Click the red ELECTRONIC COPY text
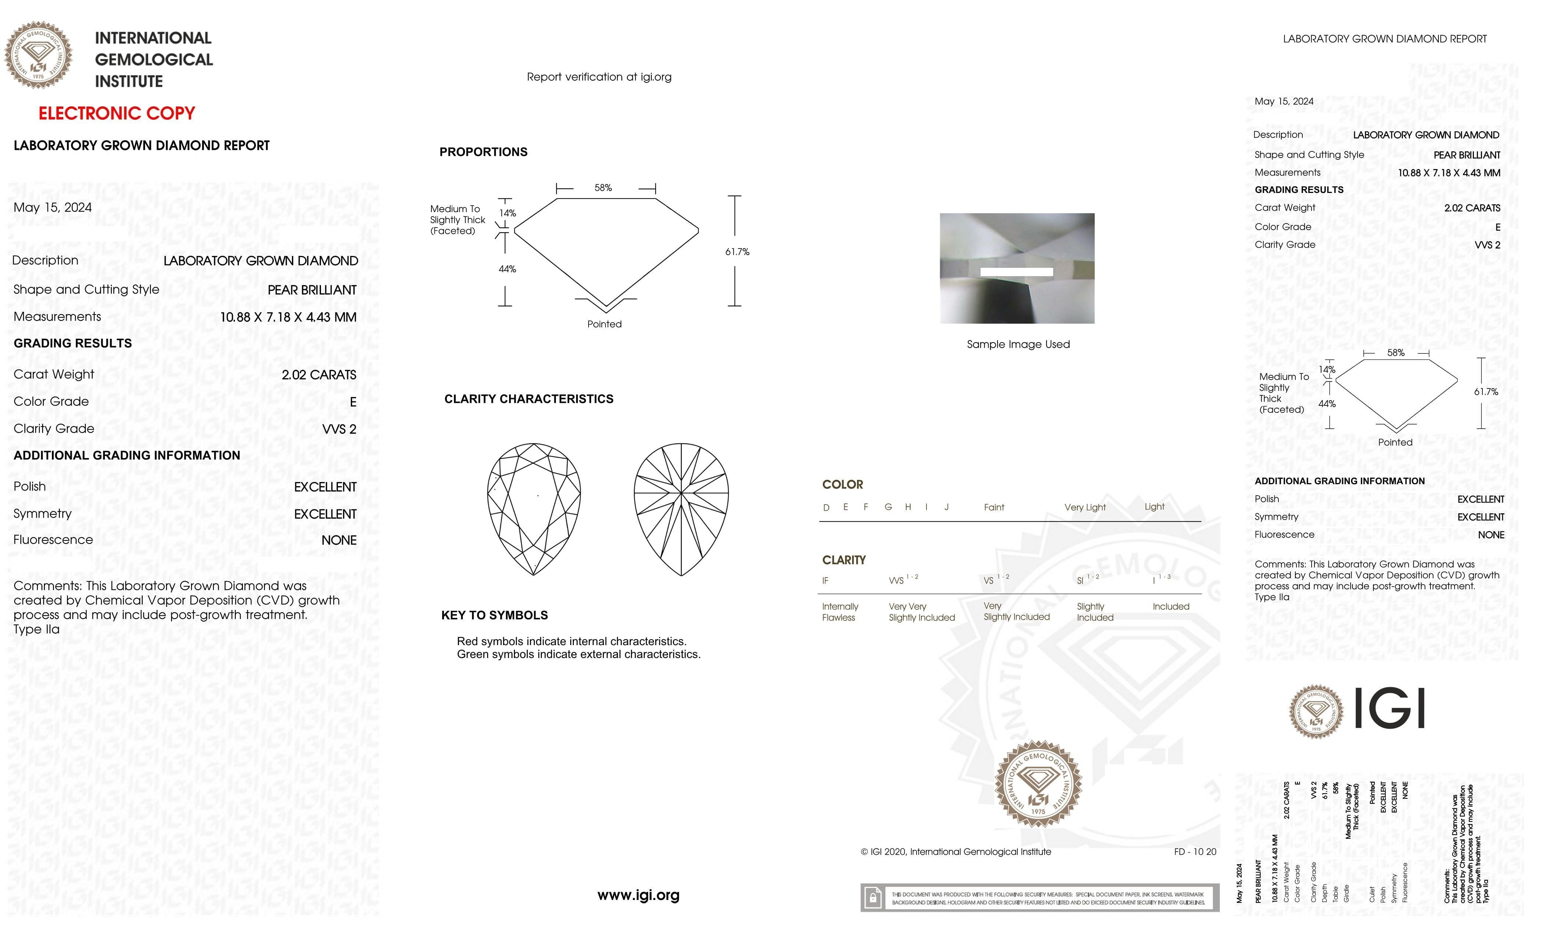point(117,114)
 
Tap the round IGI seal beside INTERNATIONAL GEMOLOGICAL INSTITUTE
point(38,55)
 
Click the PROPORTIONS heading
point(483,152)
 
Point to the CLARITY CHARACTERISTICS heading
point(528,399)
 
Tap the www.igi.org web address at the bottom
point(638,896)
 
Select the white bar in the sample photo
point(1016,272)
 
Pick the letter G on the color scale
point(888,507)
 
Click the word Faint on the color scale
point(994,507)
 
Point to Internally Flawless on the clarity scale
point(840,612)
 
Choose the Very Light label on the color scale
point(1085,507)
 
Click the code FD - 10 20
point(1194,852)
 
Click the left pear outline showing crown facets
point(534,509)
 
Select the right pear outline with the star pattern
point(681,509)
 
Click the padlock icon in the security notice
point(872,898)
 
